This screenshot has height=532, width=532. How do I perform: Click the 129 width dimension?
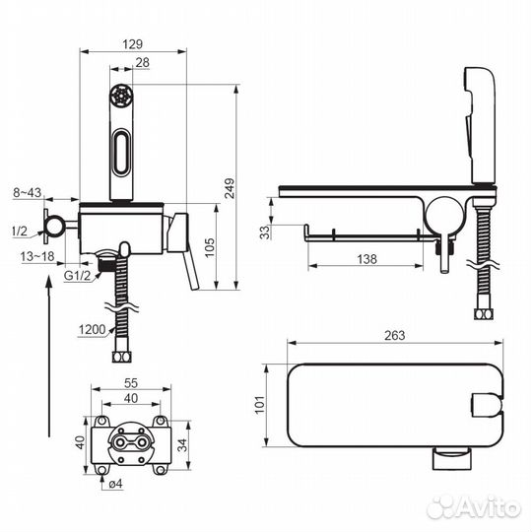133,43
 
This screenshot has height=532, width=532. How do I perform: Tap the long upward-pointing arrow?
47,355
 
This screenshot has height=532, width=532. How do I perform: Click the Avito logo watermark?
473,506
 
